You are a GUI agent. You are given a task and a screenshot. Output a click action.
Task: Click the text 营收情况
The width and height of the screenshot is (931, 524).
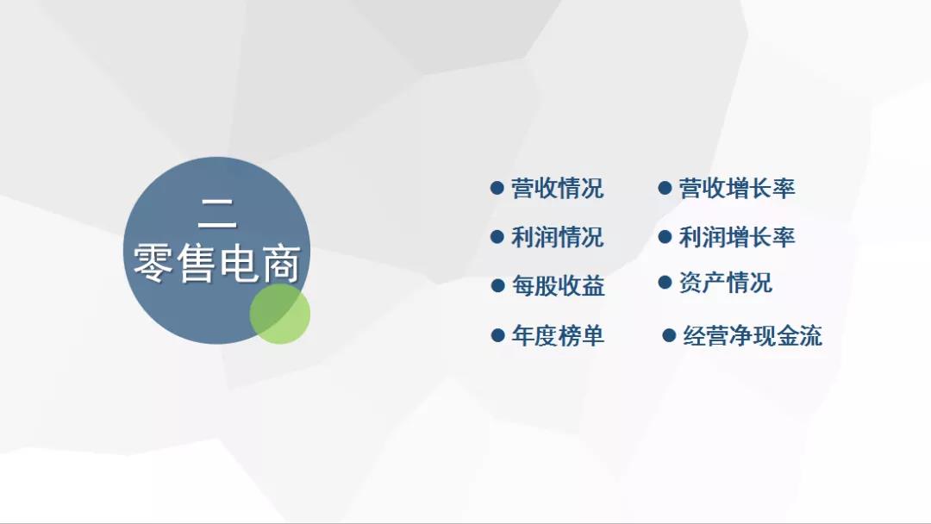point(558,189)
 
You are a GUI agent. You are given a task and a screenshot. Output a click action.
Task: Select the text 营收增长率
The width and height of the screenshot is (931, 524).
point(737,189)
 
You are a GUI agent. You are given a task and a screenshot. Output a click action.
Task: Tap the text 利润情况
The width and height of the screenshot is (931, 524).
point(558,237)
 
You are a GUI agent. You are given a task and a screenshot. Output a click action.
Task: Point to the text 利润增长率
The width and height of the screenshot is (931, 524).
point(737,237)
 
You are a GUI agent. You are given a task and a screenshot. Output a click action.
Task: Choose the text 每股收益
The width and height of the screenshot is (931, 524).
point(558,286)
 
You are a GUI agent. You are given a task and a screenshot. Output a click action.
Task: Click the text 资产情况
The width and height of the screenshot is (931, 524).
point(726,283)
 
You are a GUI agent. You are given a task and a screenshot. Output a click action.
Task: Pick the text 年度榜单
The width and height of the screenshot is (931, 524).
point(558,336)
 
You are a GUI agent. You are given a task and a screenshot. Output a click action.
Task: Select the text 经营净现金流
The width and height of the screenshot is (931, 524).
point(753,336)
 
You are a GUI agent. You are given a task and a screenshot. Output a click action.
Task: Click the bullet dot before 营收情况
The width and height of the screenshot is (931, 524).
point(497,188)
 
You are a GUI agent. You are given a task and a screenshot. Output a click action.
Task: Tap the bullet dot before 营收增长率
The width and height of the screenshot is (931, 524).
point(665,188)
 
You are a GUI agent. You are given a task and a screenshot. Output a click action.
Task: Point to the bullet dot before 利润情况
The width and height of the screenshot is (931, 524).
point(497,237)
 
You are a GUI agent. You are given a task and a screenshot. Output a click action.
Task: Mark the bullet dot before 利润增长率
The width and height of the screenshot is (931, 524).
point(665,237)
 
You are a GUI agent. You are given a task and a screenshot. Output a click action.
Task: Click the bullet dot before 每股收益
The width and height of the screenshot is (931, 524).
point(497,286)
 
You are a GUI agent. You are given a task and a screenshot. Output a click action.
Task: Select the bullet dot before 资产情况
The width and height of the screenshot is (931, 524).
point(665,282)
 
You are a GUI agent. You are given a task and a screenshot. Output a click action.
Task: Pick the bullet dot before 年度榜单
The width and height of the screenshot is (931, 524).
point(497,336)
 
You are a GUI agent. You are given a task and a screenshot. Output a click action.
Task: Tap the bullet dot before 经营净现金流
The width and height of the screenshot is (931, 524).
point(669,336)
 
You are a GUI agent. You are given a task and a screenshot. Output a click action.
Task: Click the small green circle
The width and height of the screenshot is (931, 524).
point(279,314)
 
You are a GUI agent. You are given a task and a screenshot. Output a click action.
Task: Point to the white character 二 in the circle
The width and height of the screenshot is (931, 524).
point(217,214)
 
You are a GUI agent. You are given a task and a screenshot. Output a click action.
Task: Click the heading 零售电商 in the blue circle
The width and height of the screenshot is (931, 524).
point(217,264)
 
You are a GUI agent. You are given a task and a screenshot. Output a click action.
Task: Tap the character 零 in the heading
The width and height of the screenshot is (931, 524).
point(153,264)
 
